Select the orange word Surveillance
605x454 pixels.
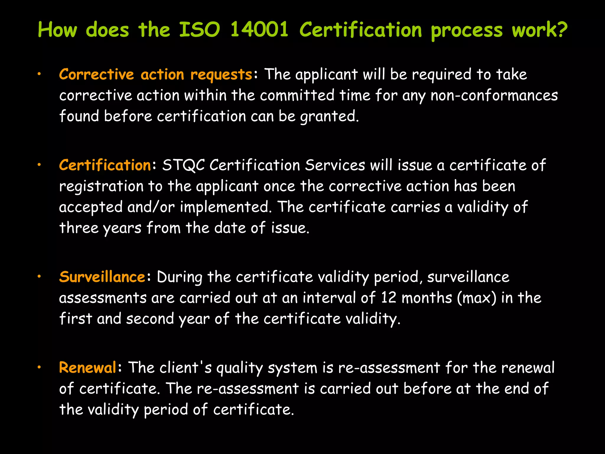(102, 277)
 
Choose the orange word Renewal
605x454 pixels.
(88, 368)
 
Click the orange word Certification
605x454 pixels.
(105, 165)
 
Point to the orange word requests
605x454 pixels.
(221, 74)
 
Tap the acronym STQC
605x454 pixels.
(183, 165)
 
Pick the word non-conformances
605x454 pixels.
(494, 95)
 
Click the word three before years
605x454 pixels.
(79, 228)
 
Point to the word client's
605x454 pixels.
(186, 368)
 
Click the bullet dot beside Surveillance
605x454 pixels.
(39, 277)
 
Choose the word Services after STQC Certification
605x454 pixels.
(335, 165)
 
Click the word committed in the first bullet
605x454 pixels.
(297, 95)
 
